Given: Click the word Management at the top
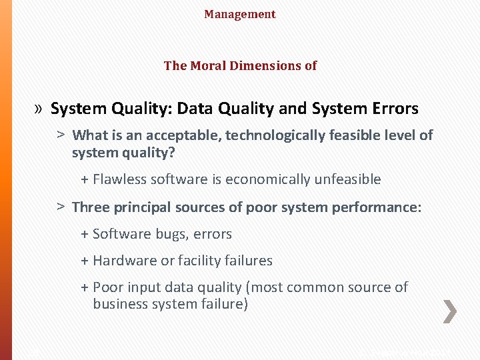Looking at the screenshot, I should pos(239,14).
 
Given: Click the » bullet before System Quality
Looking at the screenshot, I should pos(39,109).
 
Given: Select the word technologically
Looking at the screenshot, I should pos(273,135).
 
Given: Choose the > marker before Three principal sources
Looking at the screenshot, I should pos(60,207).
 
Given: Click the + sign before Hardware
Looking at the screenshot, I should pos(85,261).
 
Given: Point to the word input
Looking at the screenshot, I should pos(144,287).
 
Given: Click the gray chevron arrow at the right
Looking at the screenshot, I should pos(450,311).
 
